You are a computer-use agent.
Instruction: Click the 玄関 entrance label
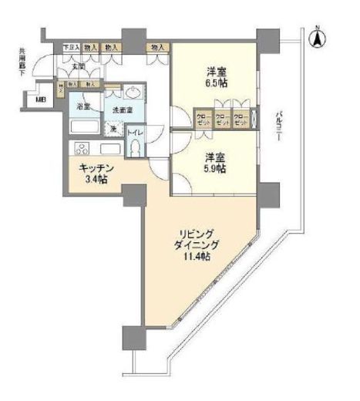pos(78,66)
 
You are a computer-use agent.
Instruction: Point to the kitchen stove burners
pos(79,149)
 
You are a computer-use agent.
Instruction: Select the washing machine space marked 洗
pos(112,129)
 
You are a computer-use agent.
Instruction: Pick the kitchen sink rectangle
pos(107,149)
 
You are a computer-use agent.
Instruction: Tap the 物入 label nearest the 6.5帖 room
pos(160,48)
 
